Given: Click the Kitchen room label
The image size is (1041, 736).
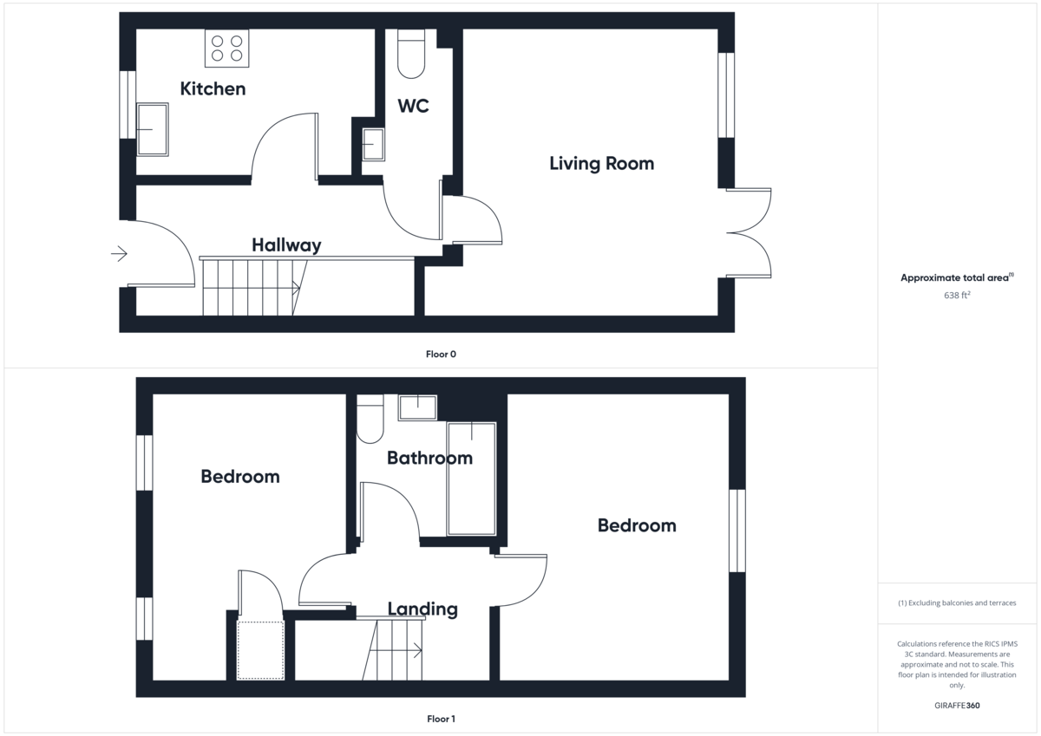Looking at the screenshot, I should [213, 88].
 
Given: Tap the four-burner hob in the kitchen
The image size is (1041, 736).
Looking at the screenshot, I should [226, 49].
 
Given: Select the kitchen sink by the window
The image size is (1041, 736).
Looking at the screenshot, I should [153, 129].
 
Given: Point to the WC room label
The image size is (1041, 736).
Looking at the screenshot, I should [413, 107].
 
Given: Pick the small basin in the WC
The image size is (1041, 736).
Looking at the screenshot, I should [373, 144].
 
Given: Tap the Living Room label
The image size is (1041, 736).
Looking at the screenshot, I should [601, 163].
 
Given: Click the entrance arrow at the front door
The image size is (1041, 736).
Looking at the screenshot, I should [119, 254].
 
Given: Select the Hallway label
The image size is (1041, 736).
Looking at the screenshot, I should [286, 245].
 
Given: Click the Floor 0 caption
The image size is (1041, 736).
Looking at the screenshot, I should [441, 354].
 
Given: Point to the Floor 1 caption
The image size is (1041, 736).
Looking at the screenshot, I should [441, 719].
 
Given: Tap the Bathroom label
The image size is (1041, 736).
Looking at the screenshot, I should [429, 458].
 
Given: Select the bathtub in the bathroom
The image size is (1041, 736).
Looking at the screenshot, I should [471, 479].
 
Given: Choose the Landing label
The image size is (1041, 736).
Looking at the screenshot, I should [422, 609].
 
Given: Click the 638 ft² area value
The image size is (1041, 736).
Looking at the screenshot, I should [957, 296].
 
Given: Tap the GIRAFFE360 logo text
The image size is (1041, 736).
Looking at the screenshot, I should [958, 706].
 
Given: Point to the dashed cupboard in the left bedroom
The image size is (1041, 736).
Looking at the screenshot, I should [260, 649].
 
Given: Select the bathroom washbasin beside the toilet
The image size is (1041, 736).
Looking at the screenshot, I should [417, 407].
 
